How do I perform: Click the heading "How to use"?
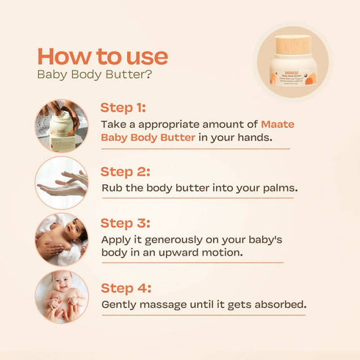pyautogui.click(x=102, y=56)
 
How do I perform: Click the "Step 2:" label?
pyautogui.click(x=126, y=171)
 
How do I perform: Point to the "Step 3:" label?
pyautogui.click(x=126, y=223)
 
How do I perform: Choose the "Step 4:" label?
pyautogui.click(x=126, y=287)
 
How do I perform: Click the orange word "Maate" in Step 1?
pyautogui.click(x=278, y=124)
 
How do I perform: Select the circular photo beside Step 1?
pyautogui.click(x=62, y=126)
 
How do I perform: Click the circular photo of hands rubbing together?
pyautogui.click(x=62, y=182)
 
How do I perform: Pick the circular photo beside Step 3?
pyautogui.click(x=62, y=240)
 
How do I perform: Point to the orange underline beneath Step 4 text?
pyautogui.click(x=203, y=315)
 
